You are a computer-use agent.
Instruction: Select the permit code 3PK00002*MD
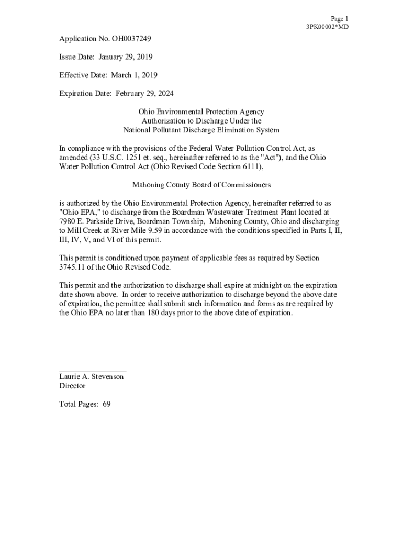coord(327,27)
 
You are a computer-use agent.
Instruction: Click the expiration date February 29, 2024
coord(144,93)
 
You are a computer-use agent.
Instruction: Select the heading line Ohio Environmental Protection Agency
coord(201,111)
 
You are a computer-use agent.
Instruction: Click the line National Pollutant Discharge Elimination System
coord(201,130)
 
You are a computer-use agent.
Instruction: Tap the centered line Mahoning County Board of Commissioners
coord(201,185)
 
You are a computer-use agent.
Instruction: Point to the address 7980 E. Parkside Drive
coord(94,221)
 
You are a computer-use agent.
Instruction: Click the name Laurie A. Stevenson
coord(92,377)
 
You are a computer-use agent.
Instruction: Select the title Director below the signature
coord(72,386)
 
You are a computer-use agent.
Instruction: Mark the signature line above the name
coord(93,371)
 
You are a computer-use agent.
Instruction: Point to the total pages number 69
coord(106,404)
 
